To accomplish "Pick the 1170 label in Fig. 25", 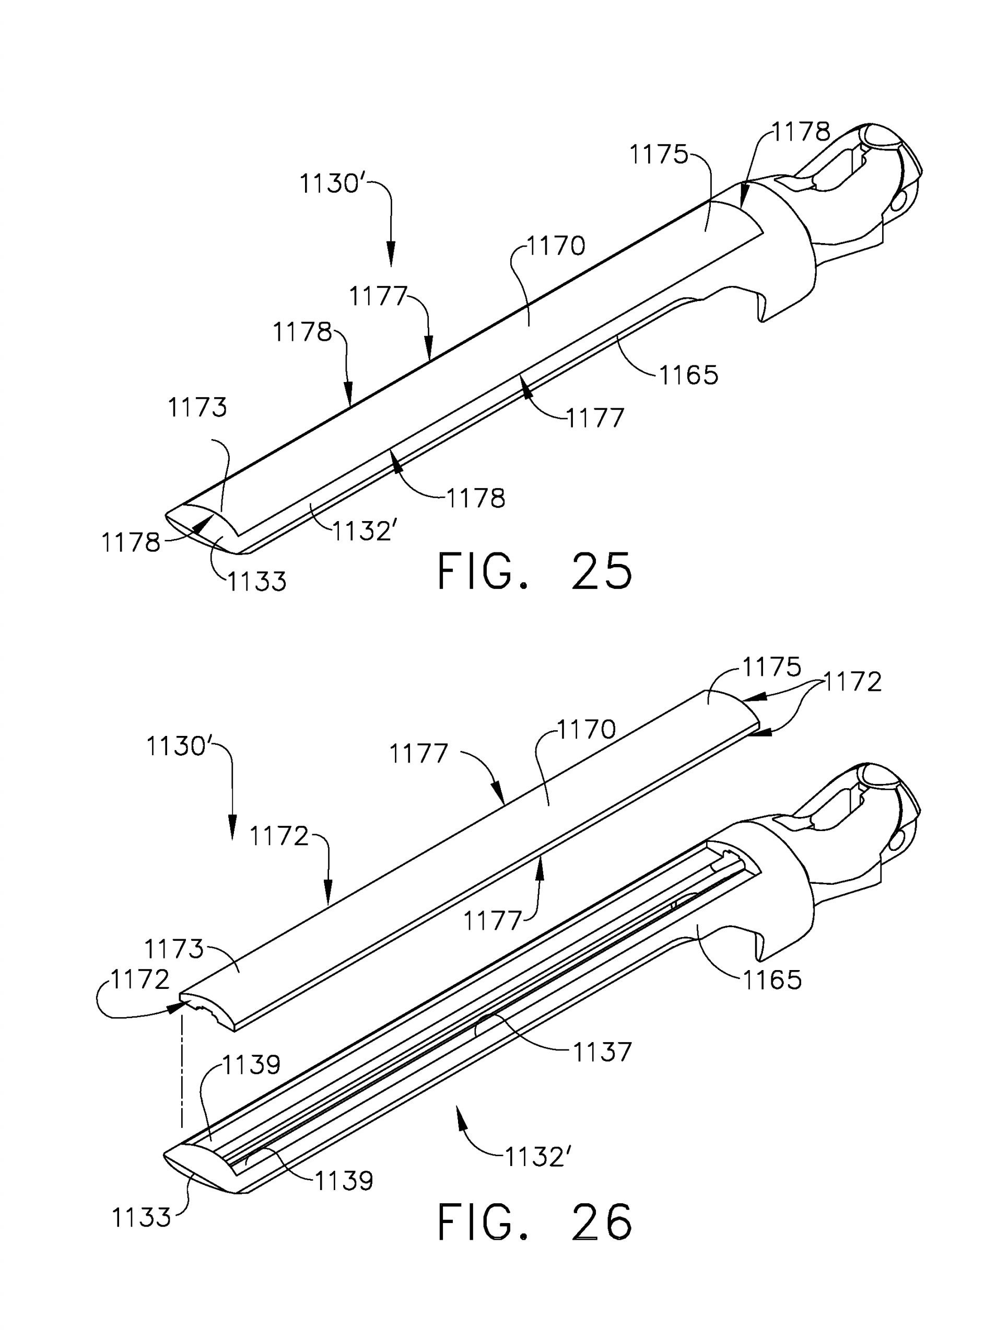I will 556,246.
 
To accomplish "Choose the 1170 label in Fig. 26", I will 586,730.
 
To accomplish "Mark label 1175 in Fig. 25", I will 659,155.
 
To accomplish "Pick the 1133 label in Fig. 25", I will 256,581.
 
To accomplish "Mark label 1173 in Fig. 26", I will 174,950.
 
